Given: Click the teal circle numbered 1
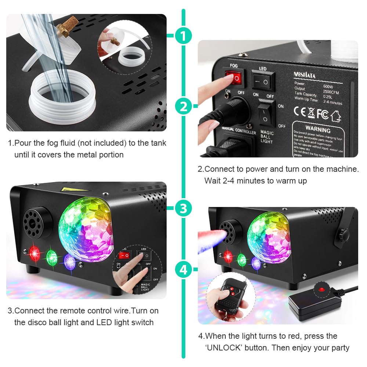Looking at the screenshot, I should [x=183, y=36].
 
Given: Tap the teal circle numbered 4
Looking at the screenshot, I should [x=183, y=270].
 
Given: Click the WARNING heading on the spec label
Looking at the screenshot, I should [x=318, y=130].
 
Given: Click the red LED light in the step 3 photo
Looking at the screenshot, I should [x=34, y=253].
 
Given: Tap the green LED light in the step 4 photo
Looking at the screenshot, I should [x=241, y=259].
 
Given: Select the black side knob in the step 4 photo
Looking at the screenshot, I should [x=344, y=233].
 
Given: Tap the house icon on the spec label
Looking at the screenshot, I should [x=335, y=116].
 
